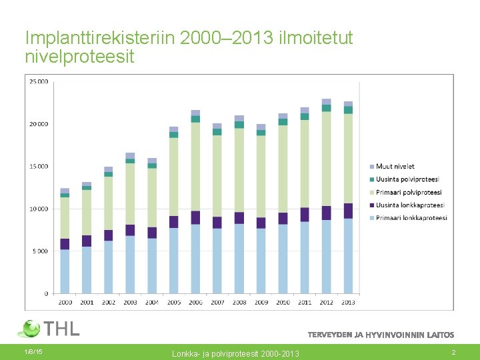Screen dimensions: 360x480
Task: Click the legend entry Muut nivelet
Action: pyautogui.click(x=395, y=167)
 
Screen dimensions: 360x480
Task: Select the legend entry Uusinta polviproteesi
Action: pyautogui.click(x=407, y=179)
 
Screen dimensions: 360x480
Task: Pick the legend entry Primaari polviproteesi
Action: pyautogui.click(x=407, y=192)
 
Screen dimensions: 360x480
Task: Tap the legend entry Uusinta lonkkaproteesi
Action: pyautogui.click(x=409, y=205)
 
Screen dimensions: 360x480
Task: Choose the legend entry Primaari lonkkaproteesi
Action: pyautogui.click(x=411, y=218)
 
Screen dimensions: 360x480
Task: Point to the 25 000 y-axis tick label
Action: pyautogui.click(x=39, y=81)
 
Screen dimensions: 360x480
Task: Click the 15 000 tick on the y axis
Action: pyautogui.click(x=39, y=167)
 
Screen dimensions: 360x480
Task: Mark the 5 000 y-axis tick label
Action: pyautogui.click(x=40, y=251)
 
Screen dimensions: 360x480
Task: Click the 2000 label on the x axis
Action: pyautogui.click(x=65, y=302)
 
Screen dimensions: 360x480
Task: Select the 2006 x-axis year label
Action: pyautogui.click(x=195, y=302)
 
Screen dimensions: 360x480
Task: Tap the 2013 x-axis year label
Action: pyautogui.click(x=348, y=302)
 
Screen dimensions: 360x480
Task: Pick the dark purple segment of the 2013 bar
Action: pyautogui.click(x=348, y=211)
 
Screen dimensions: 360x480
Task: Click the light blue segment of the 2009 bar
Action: pyautogui.click(x=261, y=261)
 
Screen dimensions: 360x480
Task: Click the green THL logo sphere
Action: pyautogui.click(x=30, y=329)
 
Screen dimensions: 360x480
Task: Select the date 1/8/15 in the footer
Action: pyautogui.click(x=33, y=351)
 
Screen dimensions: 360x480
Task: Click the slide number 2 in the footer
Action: pyautogui.click(x=453, y=351)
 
